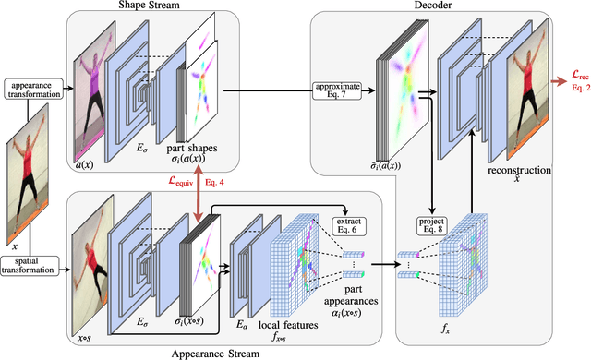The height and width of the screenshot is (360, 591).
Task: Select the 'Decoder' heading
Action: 441,6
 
